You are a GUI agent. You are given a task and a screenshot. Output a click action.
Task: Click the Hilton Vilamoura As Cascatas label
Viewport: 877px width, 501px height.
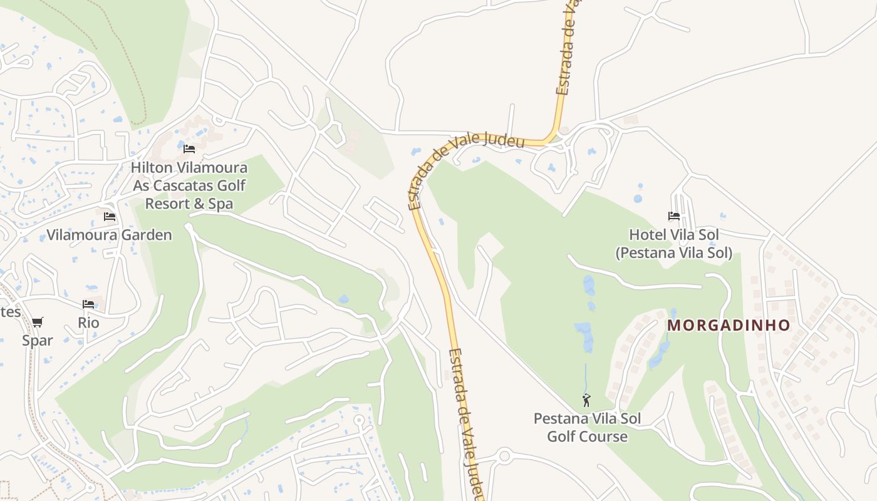(189, 186)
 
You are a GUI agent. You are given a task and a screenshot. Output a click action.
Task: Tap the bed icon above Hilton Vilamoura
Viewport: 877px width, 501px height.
(189, 149)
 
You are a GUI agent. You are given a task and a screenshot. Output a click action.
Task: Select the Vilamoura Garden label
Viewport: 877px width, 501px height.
(109, 235)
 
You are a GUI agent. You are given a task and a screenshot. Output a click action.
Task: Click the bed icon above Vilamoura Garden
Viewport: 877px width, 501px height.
(110, 217)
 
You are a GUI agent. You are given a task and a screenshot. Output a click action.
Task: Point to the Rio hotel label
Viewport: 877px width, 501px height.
(88, 323)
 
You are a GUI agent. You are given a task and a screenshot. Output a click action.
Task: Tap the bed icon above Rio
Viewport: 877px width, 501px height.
(88, 304)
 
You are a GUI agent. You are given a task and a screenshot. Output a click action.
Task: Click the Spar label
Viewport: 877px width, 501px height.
(38, 341)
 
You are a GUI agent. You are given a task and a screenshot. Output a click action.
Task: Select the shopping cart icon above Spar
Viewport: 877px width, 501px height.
(38, 322)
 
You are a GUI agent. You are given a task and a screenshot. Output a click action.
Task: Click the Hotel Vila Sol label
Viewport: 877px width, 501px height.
(673, 235)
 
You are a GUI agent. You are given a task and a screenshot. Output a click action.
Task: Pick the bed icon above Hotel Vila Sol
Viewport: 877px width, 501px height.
(674, 216)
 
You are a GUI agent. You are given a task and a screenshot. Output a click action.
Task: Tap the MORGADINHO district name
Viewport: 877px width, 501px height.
(729, 326)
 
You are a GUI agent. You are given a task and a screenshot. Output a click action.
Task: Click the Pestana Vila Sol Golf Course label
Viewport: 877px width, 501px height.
(587, 427)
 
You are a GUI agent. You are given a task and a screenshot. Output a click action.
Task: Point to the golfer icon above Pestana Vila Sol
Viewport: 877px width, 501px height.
(586, 400)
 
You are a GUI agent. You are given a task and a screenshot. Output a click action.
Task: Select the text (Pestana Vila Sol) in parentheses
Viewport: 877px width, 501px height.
(673, 253)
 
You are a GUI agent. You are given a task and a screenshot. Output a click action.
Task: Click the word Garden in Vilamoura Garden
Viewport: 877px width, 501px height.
(148, 235)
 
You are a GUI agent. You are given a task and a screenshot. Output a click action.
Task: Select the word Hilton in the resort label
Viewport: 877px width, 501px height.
(150, 168)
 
